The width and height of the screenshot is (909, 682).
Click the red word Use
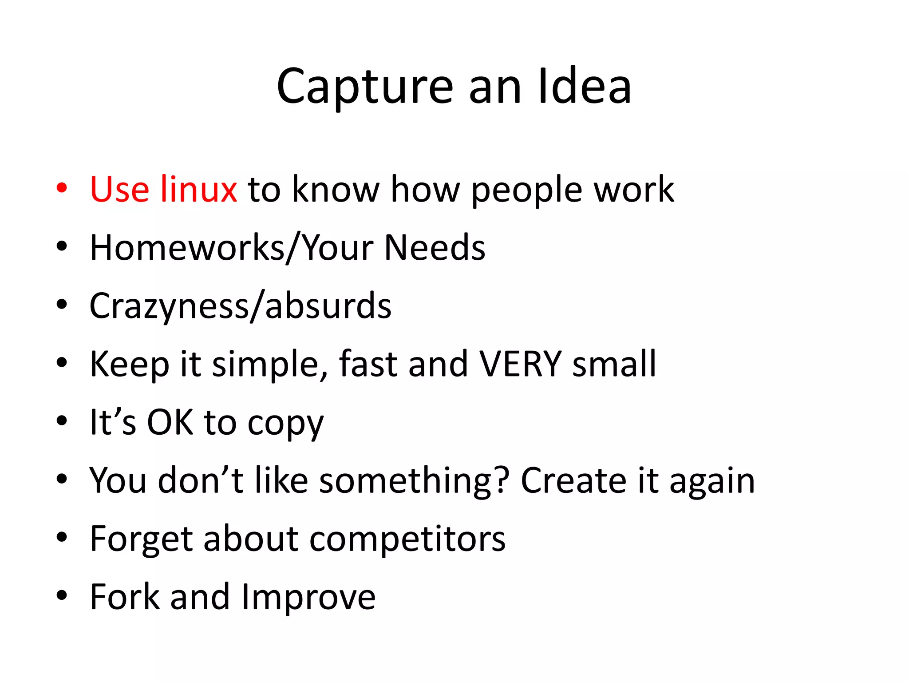pos(119,190)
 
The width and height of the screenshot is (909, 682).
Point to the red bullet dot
pos(62,188)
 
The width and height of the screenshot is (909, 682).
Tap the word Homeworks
pos(187,247)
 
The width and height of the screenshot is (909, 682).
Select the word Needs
pos(435,247)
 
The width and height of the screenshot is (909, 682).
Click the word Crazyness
pos(169,306)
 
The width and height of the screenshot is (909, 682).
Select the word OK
pos(170,422)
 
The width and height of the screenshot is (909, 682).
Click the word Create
pos(573,480)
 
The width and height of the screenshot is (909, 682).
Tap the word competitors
pos(407,539)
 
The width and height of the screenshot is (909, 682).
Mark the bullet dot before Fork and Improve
pos(62,595)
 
